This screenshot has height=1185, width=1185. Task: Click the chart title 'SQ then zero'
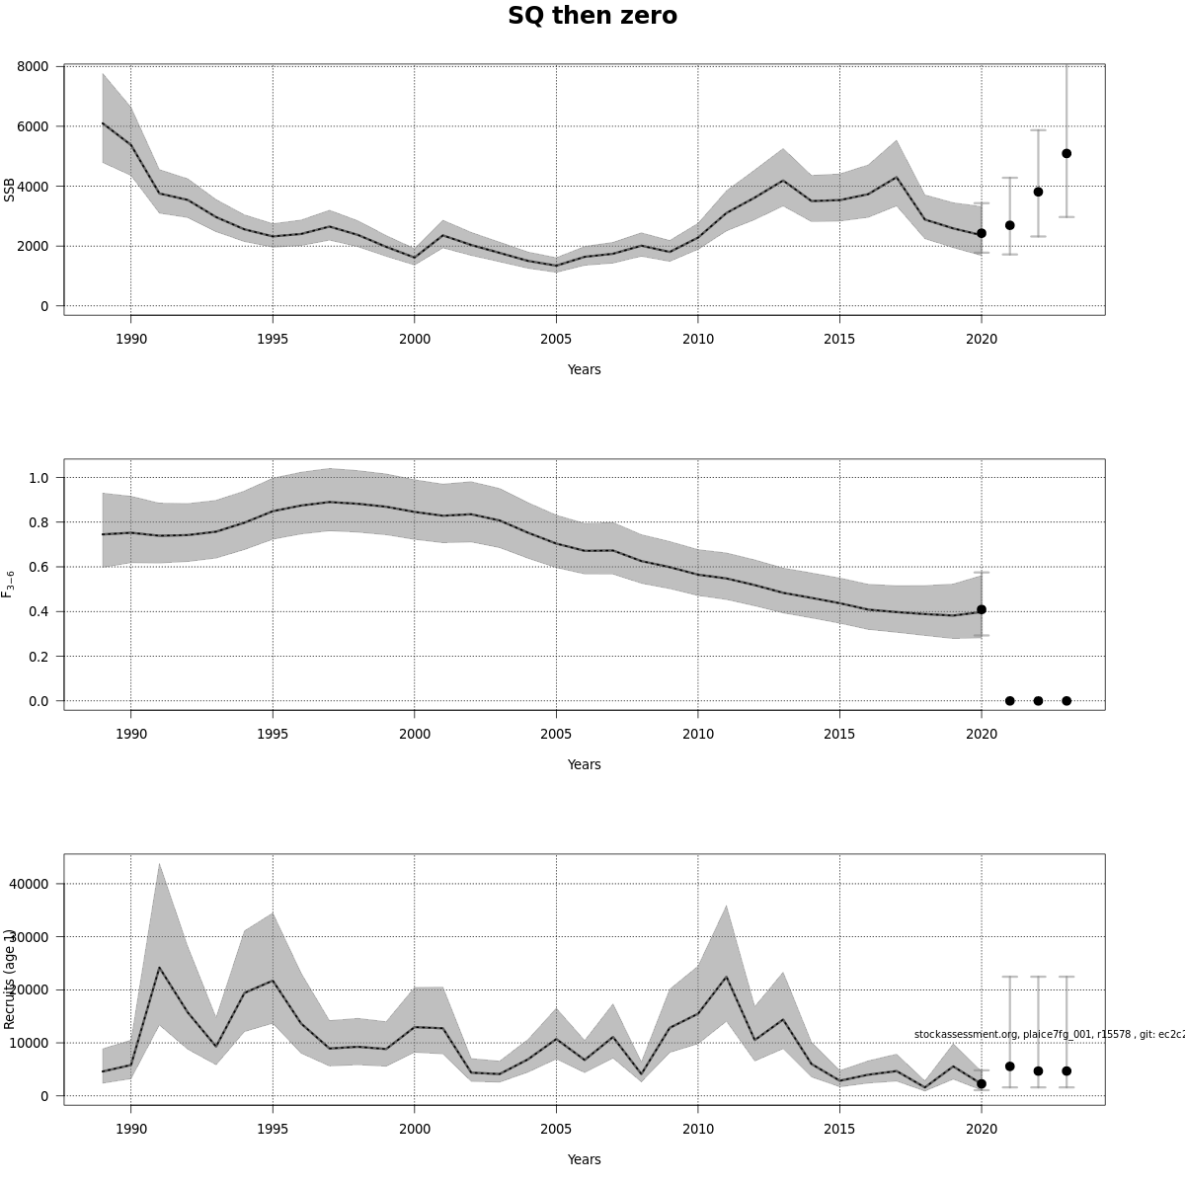pos(592,17)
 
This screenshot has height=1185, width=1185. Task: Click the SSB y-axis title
pos(10,190)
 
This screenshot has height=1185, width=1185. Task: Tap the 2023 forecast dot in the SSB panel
pos(1066,153)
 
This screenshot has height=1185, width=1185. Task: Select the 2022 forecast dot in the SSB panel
pos(1038,192)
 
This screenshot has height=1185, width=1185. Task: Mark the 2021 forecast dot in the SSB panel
pos(1009,225)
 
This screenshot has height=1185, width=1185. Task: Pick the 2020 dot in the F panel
pos(982,609)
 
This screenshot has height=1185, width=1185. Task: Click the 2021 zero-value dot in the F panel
pos(1009,701)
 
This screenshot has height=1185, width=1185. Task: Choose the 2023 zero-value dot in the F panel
pos(1066,701)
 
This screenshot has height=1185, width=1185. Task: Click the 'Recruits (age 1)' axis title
pos(10,979)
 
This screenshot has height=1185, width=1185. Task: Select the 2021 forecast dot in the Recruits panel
pos(1009,1066)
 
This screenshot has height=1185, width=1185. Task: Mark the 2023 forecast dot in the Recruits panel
pos(1066,1070)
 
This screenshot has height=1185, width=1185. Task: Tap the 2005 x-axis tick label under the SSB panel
pos(556,339)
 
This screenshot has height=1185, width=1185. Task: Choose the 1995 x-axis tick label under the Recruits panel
pos(273,1129)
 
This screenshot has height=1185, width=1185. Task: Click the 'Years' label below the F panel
pos(584,764)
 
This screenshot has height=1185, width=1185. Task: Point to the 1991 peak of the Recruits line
pos(159,968)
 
